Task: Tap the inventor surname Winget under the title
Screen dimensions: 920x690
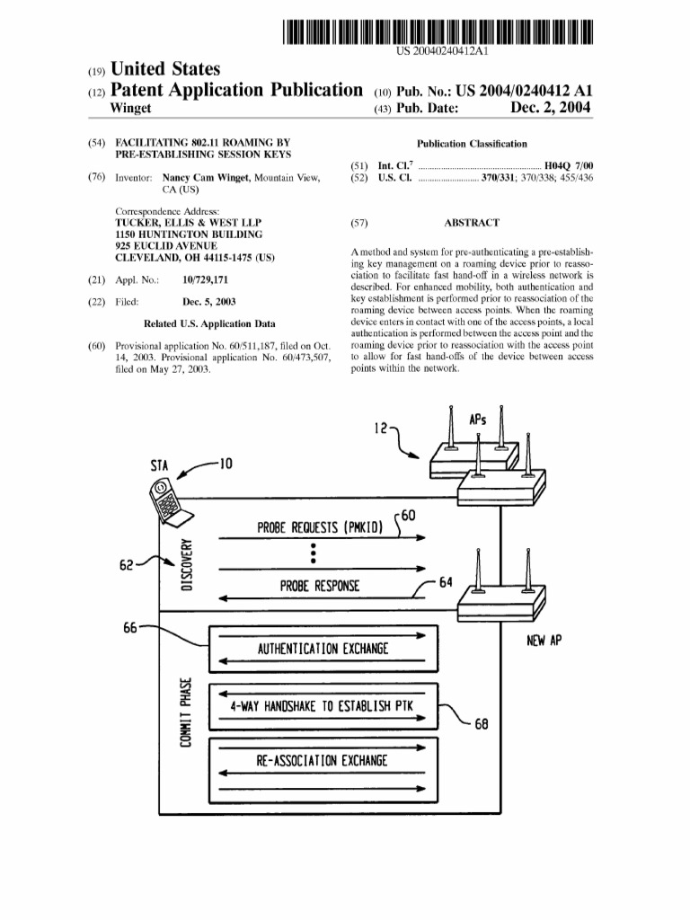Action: coord(129,109)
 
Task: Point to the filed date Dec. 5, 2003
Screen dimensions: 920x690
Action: coord(209,302)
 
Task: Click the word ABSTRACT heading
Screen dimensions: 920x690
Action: coord(472,223)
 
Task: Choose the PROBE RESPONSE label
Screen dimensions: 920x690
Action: coord(320,587)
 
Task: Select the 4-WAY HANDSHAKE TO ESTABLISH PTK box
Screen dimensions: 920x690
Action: coord(322,706)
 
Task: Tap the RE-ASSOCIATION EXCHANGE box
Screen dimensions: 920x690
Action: coord(322,761)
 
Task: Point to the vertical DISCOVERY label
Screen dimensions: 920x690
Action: coord(187,563)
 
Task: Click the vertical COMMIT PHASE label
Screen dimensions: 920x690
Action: coord(186,714)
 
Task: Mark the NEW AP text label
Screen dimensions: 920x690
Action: coord(544,641)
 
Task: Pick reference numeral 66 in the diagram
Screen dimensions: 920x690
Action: coord(131,628)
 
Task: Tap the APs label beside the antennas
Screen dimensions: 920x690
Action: coord(479,420)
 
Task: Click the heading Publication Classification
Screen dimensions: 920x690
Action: coord(472,144)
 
